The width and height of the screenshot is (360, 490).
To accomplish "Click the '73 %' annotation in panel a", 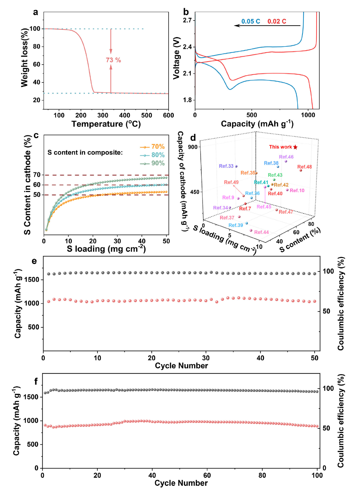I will click(x=113, y=60).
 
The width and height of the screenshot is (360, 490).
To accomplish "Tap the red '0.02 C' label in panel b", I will click(x=277, y=21).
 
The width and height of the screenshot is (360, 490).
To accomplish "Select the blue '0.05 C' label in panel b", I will click(x=251, y=21).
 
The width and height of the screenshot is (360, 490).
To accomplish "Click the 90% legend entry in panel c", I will click(x=153, y=163).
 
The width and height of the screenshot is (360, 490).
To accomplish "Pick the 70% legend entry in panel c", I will click(x=153, y=147).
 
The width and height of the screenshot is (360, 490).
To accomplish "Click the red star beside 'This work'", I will click(x=295, y=147).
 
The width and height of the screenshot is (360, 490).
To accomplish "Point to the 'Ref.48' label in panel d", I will click(x=304, y=167).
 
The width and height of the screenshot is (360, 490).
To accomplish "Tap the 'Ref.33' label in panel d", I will click(x=226, y=166).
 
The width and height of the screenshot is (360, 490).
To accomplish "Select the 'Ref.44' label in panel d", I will click(x=262, y=232).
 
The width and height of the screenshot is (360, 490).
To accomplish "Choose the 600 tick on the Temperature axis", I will click(x=169, y=115).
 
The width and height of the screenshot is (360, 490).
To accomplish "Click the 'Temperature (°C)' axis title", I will click(x=106, y=124).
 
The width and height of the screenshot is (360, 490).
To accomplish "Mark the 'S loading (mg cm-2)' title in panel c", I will click(x=106, y=249).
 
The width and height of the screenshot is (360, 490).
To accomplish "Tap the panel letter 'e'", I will click(x=34, y=261).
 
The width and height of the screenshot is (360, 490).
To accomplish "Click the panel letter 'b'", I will click(x=186, y=12).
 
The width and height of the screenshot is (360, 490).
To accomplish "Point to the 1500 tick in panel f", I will click(x=31, y=397).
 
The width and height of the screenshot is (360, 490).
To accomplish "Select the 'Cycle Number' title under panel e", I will click(x=181, y=366).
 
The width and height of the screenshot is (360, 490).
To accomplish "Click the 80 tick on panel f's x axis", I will click(x=262, y=475).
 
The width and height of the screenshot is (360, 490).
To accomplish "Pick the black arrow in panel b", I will click(x=267, y=26).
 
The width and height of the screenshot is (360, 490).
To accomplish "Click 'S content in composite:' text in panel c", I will click(x=85, y=152).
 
